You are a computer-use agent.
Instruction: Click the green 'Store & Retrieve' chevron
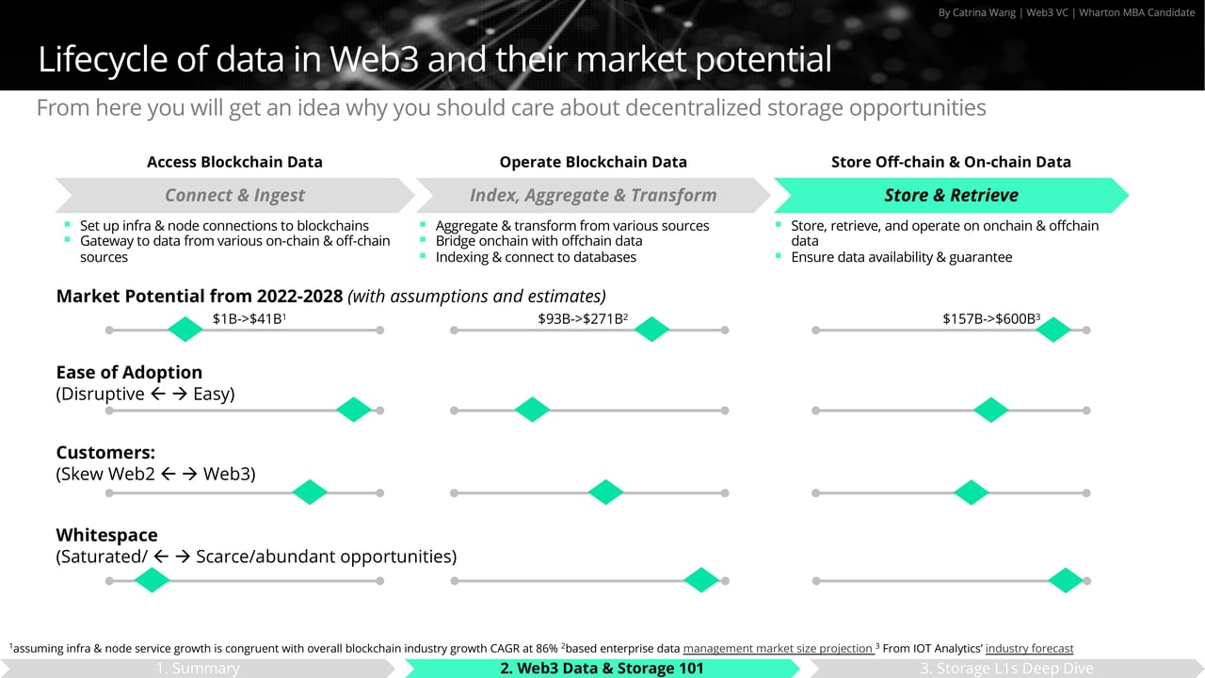pos(951,195)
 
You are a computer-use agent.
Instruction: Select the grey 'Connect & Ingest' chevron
pos(234,195)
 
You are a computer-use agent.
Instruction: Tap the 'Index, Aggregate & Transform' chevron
pos(593,195)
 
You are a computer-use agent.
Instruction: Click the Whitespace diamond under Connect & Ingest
pos(151,581)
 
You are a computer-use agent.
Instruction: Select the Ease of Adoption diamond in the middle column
pos(532,410)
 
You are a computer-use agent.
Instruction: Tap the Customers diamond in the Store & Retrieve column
pos(971,492)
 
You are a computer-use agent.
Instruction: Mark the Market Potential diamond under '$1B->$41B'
pos(185,330)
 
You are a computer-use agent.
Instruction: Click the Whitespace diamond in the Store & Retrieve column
pos(1066,581)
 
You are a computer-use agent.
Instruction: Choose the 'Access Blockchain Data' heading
pos(234,162)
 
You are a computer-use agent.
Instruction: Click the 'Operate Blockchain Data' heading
pos(593,162)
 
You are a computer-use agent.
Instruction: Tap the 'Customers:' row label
pos(105,453)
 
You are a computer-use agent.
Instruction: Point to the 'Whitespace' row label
pos(106,535)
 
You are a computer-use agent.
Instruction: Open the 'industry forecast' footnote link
pos(1029,648)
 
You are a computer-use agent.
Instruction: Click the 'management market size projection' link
pos(778,648)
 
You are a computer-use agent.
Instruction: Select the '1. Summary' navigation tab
pos(198,669)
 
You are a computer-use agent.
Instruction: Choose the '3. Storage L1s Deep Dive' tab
pos(1006,669)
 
